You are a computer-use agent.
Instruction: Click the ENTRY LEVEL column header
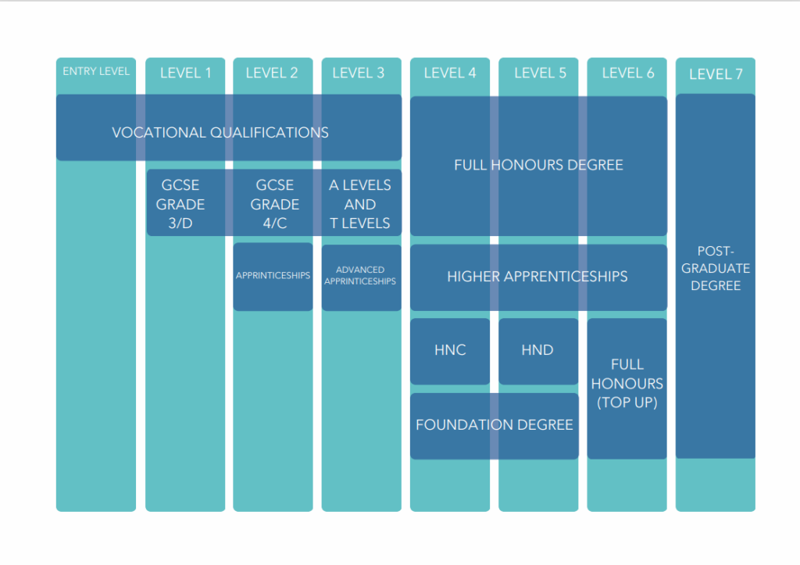(96, 71)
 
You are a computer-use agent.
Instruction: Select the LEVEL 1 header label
(185, 73)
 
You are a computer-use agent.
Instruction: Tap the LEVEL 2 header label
(271, 73)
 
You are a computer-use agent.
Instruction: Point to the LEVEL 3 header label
(358, 73)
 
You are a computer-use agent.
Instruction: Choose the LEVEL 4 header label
(449, 73)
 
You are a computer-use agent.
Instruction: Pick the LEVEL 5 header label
(540, 73)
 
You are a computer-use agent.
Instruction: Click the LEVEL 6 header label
(627, 73)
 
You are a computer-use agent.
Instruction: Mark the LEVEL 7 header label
(716, 74)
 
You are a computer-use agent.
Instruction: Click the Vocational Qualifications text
(220, 133)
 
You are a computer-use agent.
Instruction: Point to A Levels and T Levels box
(361, 202)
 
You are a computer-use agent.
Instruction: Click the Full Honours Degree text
(538, 165)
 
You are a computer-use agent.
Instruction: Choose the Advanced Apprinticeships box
(361, 277)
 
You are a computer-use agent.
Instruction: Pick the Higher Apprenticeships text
(537, 276)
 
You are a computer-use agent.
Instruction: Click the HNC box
(450, 351)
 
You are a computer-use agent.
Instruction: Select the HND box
(538, 351)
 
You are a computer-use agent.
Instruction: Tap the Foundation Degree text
(494, 424)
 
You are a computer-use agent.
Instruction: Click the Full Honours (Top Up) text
(627, 383)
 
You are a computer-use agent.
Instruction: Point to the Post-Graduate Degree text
(716, 269)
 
